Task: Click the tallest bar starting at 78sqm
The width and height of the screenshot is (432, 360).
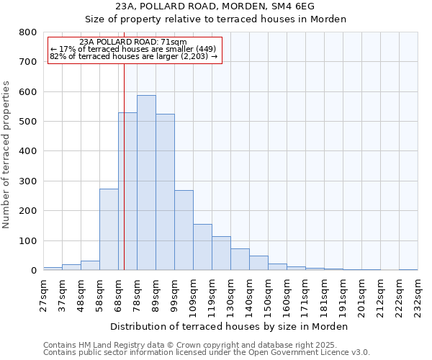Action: pos(146,183)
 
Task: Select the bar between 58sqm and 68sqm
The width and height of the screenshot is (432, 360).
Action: pos(109,230)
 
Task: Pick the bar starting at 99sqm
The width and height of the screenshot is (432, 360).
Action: pos(184,230)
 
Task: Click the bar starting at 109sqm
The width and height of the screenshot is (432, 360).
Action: pos(202,247)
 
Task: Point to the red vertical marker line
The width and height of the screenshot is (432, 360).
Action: pos(124,180)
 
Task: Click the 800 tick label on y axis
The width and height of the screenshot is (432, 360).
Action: pos(27,32)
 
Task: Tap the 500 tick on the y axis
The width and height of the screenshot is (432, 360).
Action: pos(27,122)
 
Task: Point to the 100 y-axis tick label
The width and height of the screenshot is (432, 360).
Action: pos(27,240)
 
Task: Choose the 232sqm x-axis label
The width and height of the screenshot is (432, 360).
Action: pos(418,295)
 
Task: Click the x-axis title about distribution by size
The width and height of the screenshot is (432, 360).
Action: pos(230,326)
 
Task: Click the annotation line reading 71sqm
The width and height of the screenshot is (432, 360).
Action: pos(133,42)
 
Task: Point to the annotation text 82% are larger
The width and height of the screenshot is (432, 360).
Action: pos(133,56)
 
